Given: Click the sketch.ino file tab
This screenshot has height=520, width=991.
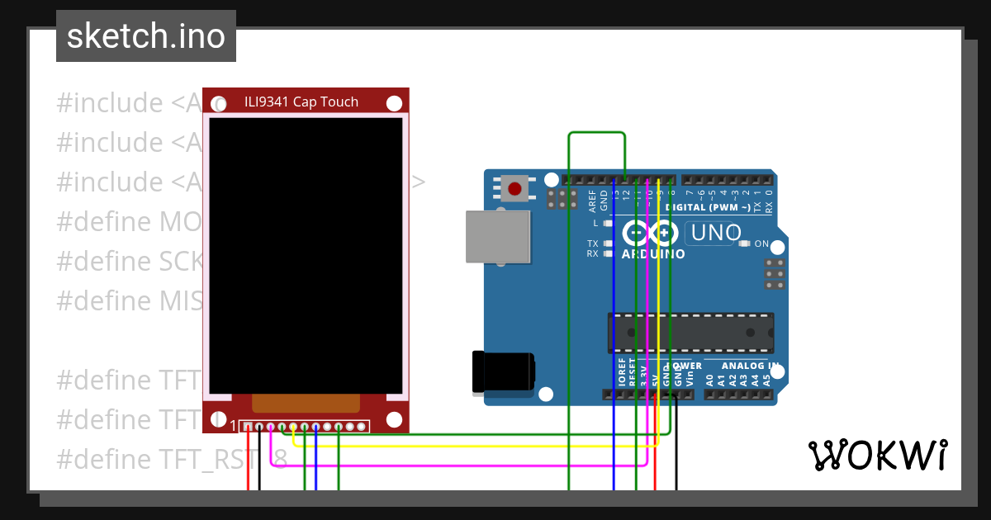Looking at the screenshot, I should coord(146,36).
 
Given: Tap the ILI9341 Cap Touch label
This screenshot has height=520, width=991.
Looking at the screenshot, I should coord(301,102).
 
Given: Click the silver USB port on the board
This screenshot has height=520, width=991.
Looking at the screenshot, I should coord(497,236).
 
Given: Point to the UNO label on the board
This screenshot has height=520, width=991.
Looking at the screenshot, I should coord(716,234).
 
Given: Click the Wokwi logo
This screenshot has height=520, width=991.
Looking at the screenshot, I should coord(877,456).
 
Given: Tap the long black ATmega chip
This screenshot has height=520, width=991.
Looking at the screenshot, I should coord(691,332).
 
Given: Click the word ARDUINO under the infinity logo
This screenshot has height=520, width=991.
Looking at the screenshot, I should coord(653,254).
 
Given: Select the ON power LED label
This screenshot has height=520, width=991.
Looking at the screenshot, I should coord(761,244).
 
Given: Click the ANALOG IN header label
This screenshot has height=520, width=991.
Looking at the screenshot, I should coord(750,366).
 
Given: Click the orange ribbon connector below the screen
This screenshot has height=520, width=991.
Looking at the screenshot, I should coord(306,403).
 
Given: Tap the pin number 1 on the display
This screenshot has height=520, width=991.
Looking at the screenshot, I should coord(233,426).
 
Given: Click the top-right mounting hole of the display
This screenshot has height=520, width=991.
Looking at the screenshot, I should coord(395,103).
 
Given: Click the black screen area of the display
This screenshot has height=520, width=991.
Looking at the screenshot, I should coord(306,256).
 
